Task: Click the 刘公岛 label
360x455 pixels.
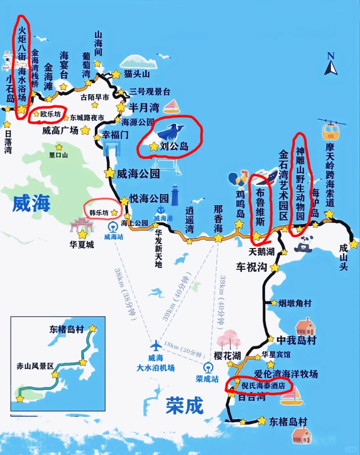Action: tap(174, 146)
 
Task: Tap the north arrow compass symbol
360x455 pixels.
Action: tap(331, 65)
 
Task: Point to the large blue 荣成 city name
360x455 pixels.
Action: tap(184, 406)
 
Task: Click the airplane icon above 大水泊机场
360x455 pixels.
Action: tap(156, 345)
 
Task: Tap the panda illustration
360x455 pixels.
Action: tap(303, 243)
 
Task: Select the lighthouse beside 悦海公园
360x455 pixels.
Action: tap(175, 195)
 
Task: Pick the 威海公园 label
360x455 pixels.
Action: tap(138, 174)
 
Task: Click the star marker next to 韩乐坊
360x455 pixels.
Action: tap(114, 212)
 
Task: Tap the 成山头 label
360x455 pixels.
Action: tap(343, 257)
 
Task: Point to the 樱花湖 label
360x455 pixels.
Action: tap(227, 356)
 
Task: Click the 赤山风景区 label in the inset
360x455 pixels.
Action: tap(35, 366)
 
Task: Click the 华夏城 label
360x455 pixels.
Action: tap(82, 245)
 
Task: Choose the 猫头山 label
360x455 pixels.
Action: tap(137, 74)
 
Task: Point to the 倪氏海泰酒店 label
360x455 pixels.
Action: tap(263, 386)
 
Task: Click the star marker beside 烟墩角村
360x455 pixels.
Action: tap(274, 303)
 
